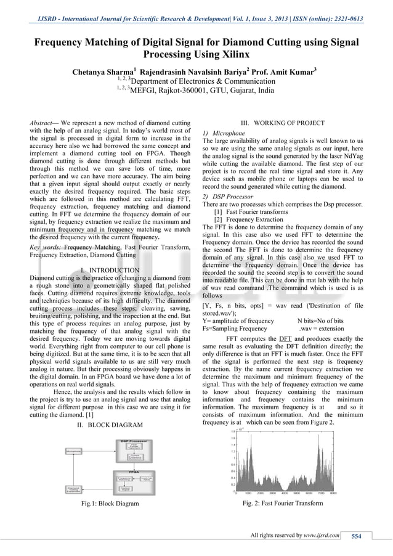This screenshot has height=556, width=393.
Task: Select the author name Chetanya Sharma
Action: (x=103, y=72)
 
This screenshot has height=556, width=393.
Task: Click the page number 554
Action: (x=356, y=536)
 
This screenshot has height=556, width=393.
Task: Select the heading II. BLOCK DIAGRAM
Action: (x=110, y=425)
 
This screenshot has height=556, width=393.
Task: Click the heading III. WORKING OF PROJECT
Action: (x=282, y=123)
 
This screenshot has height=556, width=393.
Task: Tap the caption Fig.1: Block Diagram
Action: (x=110, y=504)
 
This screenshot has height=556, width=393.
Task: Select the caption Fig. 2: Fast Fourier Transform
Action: (x=283, y=503)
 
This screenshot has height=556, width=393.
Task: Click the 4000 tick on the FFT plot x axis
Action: (x=285, y=493)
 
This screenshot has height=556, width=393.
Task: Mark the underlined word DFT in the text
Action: (x=285, y=339)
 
